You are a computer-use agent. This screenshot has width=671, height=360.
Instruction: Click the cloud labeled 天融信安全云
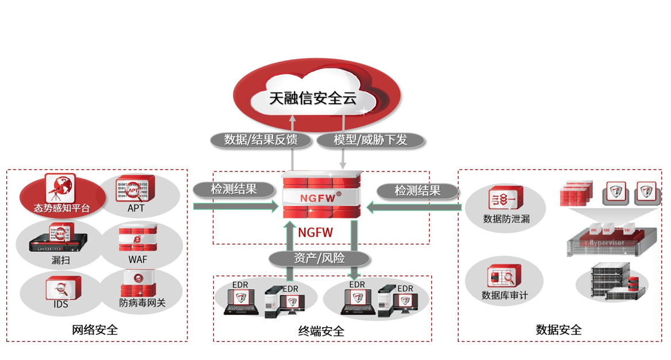(x=313, y=98)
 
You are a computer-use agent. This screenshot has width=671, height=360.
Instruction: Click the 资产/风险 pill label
(x=319, y=259)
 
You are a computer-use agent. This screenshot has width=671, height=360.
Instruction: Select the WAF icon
(x=137, y=239)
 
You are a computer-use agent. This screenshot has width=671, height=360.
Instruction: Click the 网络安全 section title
(x=95, y=330)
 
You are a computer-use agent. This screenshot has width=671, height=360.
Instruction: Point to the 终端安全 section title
(x=321, y=331)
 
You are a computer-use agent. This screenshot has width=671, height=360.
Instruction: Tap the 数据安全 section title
(x=558, y=330)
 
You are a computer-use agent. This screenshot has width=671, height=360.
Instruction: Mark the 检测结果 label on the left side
(x=233, y=189)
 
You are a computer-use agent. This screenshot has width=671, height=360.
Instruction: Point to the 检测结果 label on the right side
(x=417, y=190)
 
